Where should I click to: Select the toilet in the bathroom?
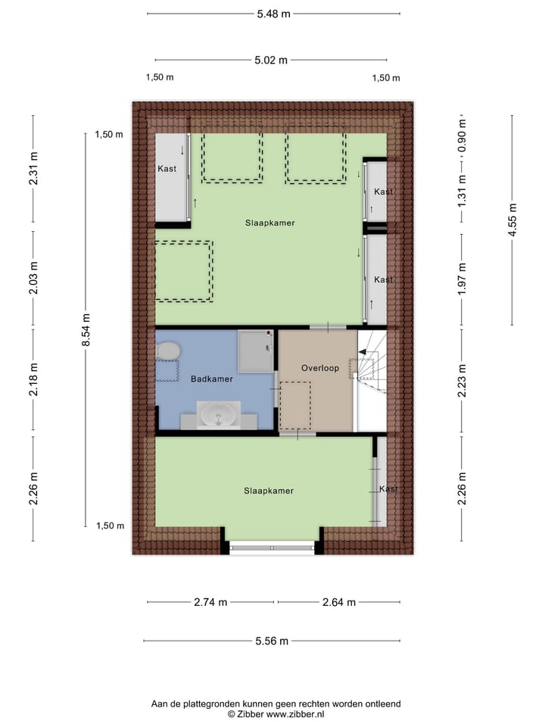click(x=167, y=352)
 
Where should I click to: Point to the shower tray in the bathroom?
click(x=256, y=351)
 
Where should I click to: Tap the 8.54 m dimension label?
click(x=86, y=330)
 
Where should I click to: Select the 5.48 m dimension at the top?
click(x=273, y=14)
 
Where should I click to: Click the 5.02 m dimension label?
click(x=271, y=60)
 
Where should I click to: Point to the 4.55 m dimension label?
click(x=512, y=220)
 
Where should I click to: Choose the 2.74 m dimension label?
click(x=210, y=603)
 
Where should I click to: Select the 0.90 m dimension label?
click(x=462, y=134)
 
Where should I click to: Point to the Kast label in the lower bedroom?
click(x=388, y=489)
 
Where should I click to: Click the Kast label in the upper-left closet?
click(x=167, y=169)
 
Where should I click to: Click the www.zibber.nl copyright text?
click(x=276, y=714)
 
